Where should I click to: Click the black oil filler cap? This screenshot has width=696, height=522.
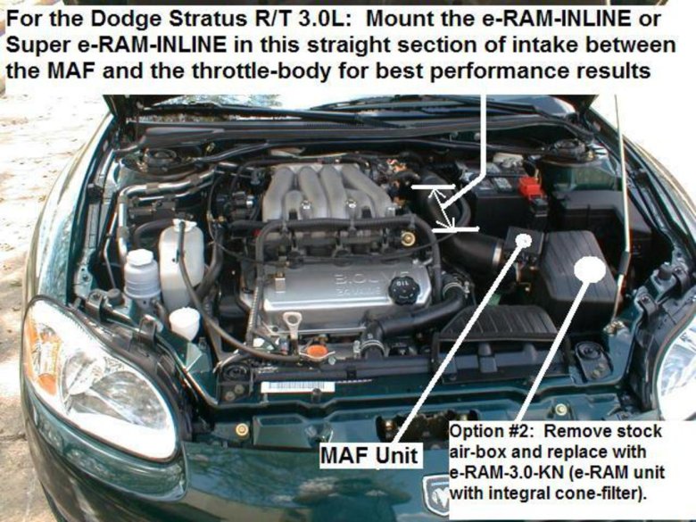tap(404, 289)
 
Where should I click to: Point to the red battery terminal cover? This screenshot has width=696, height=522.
tap(532, 188)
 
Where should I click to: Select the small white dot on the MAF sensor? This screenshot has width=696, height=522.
tap(524, 240)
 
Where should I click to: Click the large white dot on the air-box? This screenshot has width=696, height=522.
tap(590, 269)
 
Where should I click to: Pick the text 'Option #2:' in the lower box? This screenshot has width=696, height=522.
tap(485, 433)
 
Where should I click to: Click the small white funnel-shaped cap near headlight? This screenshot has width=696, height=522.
tap(185, 321)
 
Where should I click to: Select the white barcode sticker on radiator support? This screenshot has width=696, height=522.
tap(298, 388)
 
